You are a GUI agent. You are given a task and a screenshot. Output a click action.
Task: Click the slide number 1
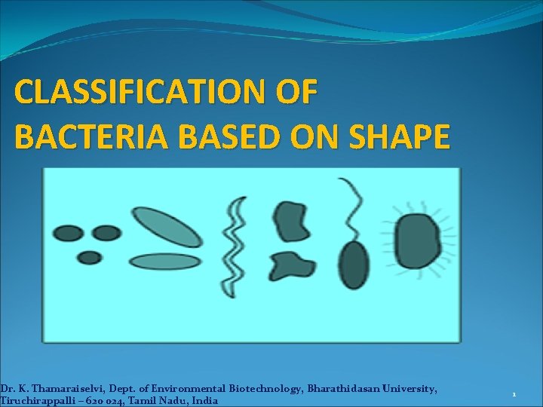(x=514, y=394)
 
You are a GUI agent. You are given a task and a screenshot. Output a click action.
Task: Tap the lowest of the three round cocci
(x=90, y=257)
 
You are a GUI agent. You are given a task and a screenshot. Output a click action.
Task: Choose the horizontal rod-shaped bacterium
(x=164, y=262)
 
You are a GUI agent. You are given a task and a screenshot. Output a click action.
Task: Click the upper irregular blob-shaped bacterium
(x=288, y=219)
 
